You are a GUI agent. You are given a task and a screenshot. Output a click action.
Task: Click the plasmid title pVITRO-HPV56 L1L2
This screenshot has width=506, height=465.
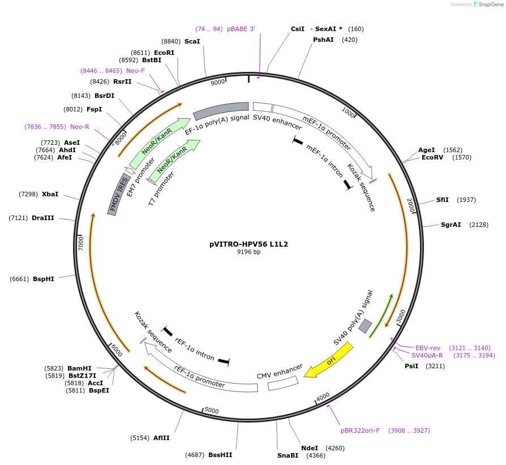click(248, 244)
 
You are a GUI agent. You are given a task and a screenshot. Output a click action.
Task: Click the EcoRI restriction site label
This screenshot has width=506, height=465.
click(164, 53)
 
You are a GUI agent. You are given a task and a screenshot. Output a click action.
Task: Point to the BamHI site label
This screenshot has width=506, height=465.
click(79, 368)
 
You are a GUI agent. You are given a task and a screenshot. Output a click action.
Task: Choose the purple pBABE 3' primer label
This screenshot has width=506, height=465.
click(241, 29)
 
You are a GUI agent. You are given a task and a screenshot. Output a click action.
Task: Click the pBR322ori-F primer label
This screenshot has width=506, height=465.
click(360, 430)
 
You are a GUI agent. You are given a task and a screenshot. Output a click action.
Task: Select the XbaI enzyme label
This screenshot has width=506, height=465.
click(50, 194)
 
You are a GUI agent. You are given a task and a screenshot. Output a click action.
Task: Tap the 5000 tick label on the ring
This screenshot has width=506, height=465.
click(212, 410)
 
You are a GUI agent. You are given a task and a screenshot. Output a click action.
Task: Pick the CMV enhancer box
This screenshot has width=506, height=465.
click(283, 383)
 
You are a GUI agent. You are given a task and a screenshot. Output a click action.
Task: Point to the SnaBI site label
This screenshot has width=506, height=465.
click(288, 455)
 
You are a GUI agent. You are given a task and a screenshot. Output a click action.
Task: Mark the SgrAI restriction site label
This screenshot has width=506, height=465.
click(451, 225)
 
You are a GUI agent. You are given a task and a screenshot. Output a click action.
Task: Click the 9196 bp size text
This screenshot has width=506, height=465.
click(248, 252)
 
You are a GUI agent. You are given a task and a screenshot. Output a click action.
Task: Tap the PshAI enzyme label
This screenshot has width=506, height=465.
click(323, 40)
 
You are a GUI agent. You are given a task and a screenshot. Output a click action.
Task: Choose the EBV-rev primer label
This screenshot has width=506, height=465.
click(428, 348)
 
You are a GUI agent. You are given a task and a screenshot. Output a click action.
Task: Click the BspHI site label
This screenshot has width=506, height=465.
click(44, 279)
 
